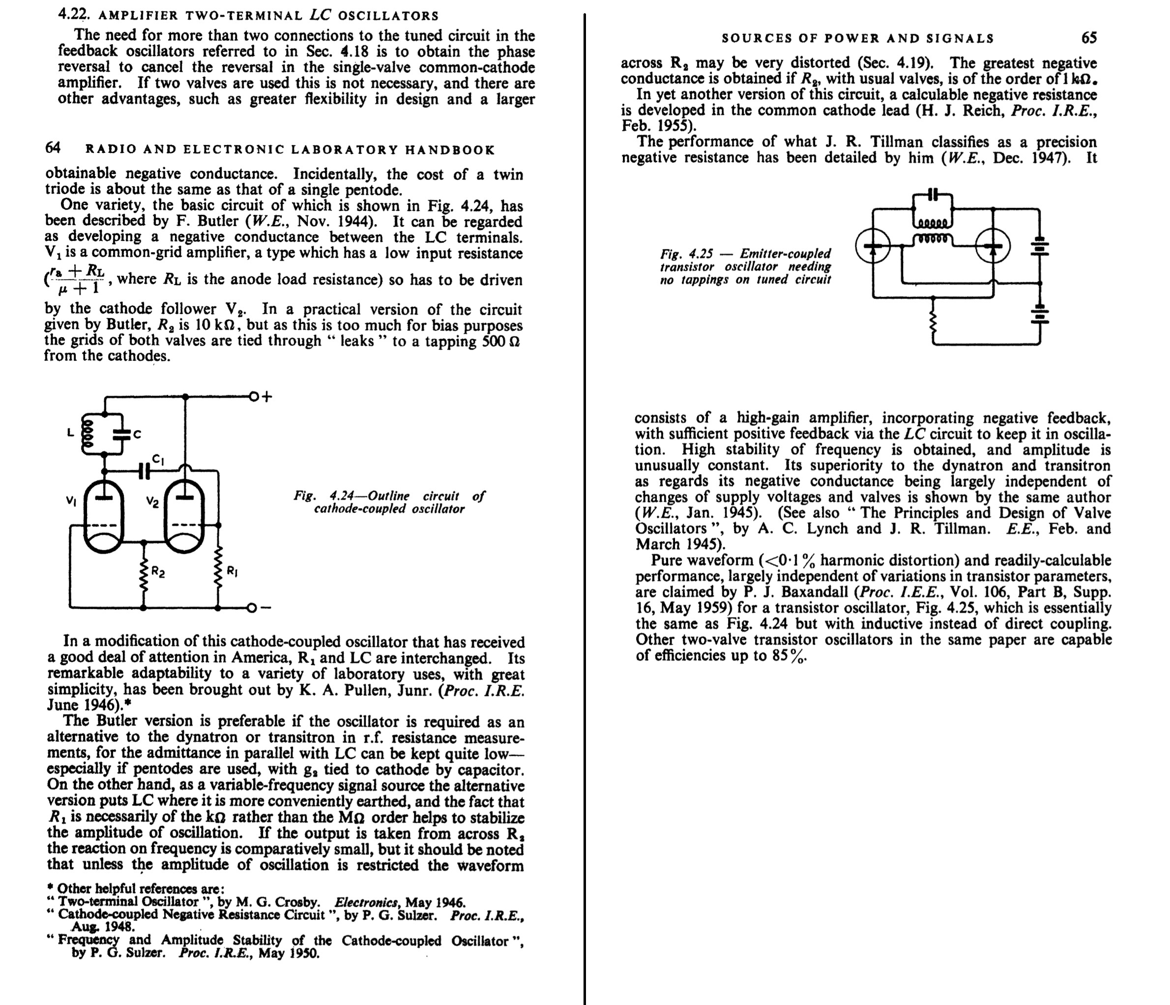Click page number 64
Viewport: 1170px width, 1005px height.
[x=53, y=148]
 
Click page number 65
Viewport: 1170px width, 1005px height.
[x=1089, y=38]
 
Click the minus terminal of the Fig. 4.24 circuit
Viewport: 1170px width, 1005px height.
[x=252, y=608]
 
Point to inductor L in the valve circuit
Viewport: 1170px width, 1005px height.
[x=87, y=433]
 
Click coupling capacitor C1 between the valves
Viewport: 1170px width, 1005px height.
[x=145, y=470]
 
